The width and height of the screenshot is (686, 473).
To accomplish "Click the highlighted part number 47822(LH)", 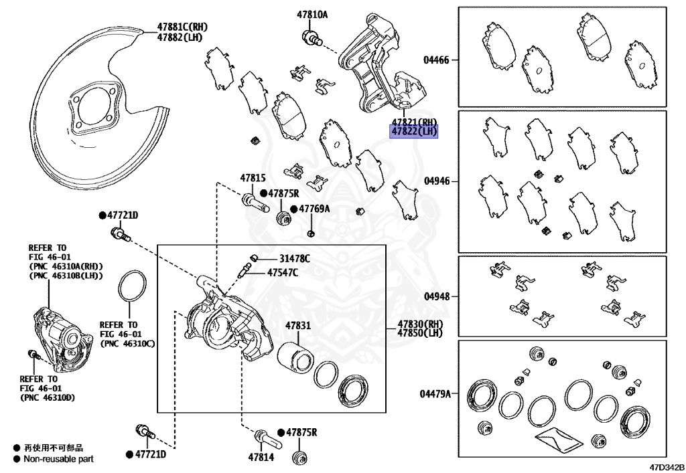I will pyautogui.click(x=414, y=132).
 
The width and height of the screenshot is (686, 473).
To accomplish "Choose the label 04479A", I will pyautogui.click(x=435, y=394).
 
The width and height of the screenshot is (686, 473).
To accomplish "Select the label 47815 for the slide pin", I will pyautogui.click(x=253, y=179).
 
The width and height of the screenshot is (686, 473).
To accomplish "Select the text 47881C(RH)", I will pyautogui.click(x=183, y=27).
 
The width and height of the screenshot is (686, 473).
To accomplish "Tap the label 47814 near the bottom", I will pyautogui.click(x=261, y=458).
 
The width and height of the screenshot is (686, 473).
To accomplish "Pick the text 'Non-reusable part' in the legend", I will pyautogui.click(x=58, y=459).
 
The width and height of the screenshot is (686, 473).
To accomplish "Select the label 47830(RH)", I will pyautogui.click(x=421, y=324).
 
